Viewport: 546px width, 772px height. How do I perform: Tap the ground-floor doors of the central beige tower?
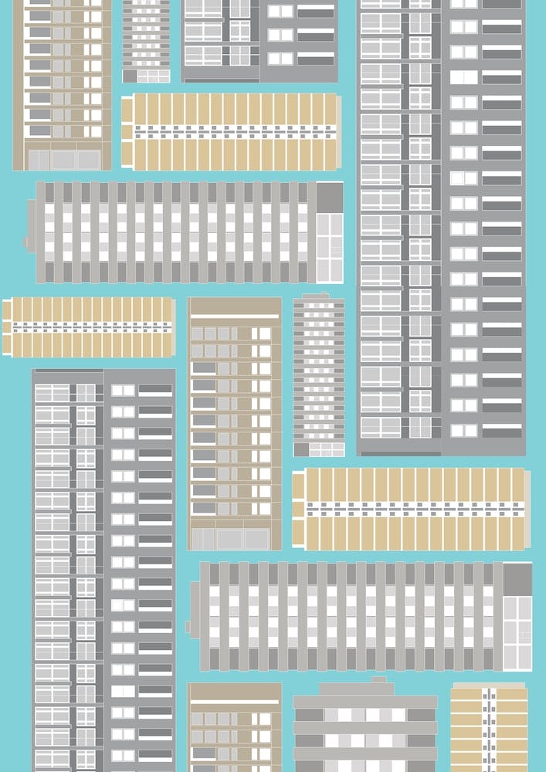230,538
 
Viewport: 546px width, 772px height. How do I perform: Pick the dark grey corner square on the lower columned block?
517,578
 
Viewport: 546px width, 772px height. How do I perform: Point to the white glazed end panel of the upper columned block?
330,247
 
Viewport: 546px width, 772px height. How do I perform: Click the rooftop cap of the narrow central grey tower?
317,296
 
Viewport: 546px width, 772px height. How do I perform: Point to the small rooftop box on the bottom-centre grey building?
378,679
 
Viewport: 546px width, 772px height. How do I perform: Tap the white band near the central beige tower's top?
235,315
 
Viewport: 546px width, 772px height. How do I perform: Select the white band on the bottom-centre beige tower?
235,701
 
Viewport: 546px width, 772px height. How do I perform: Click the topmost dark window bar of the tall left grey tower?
155,391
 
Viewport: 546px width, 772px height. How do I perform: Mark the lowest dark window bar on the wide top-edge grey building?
316,59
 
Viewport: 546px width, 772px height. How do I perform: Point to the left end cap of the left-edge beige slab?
5,327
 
